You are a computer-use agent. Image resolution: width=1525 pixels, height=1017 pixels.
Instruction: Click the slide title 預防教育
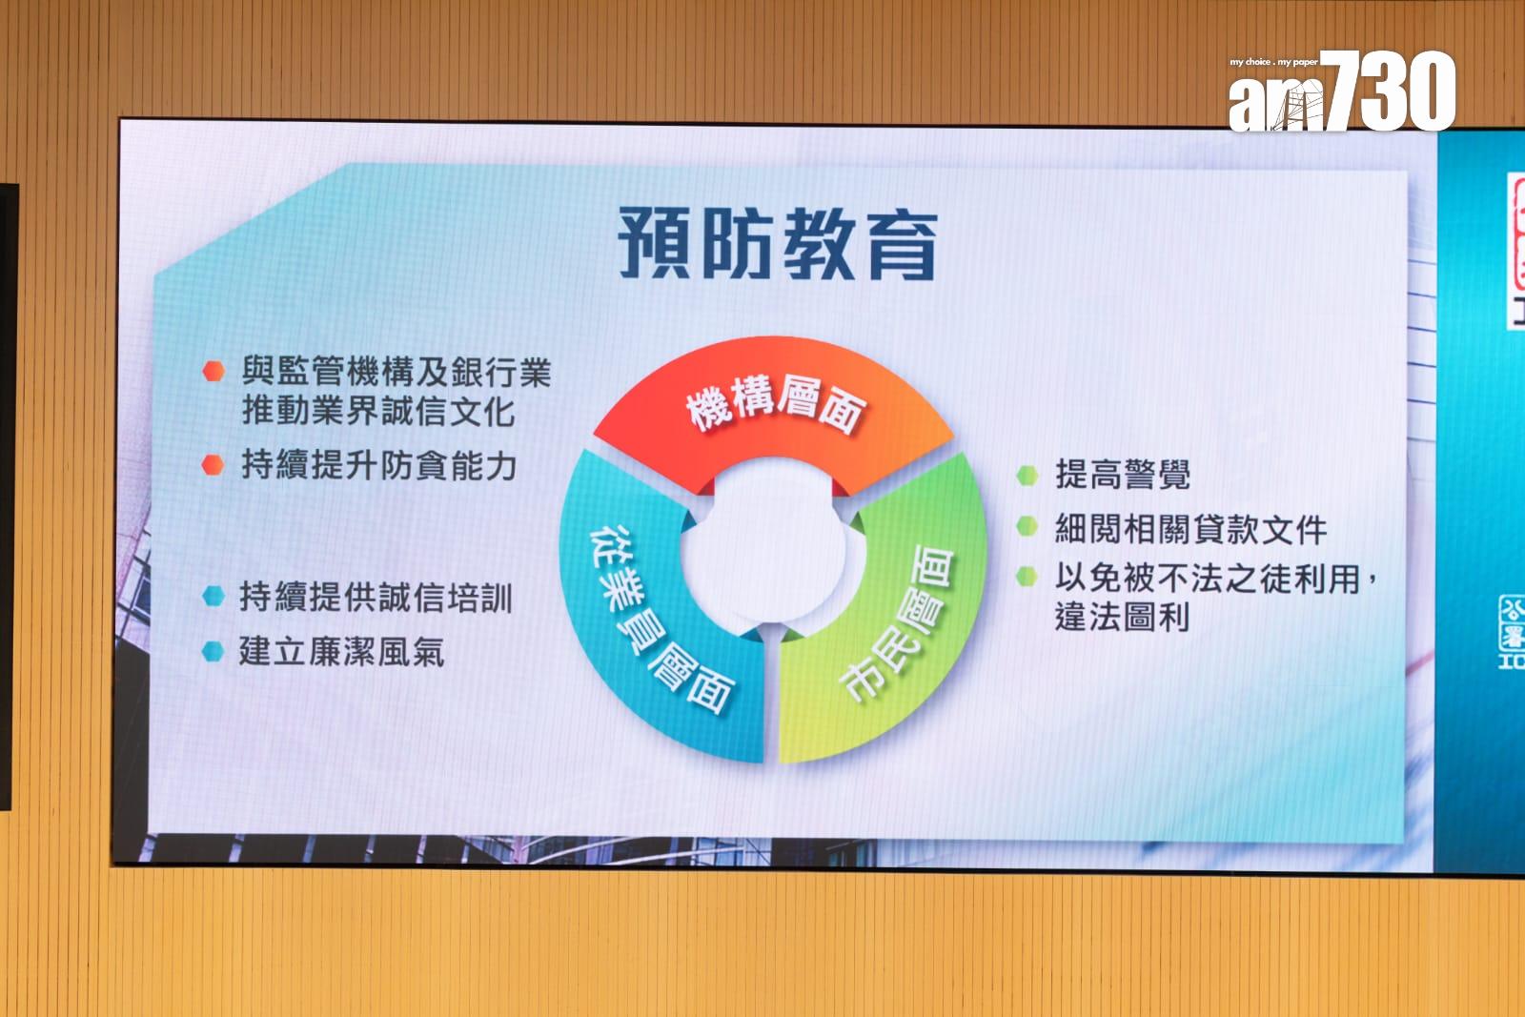[777, 244]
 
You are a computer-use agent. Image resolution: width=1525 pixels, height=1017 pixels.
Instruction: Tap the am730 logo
[1342, 91]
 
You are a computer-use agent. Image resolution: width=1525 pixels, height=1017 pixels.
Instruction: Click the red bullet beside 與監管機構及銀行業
[213, 371]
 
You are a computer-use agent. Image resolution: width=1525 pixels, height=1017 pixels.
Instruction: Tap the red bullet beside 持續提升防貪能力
[213, 465]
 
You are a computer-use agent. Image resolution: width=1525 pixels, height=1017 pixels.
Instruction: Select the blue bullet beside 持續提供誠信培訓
[213, 596]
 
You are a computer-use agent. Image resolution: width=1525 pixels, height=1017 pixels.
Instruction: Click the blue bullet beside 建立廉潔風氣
[213, 651]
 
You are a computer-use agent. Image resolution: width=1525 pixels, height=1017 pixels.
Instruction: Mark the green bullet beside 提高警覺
[1027, 476]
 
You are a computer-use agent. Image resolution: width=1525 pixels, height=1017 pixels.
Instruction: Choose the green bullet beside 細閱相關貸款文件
[1027, 526]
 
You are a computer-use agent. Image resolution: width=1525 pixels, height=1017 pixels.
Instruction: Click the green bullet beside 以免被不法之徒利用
[1027, 577]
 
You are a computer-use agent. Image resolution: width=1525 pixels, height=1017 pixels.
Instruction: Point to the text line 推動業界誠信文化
[378, 412]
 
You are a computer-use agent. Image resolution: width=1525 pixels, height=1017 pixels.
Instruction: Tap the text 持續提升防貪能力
[379, 466]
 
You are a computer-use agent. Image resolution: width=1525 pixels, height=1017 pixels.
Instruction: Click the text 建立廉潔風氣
[342, 651]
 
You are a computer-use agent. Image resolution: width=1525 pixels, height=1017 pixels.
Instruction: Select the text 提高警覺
[1123, 475]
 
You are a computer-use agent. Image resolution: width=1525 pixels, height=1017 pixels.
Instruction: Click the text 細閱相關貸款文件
[1191, 529]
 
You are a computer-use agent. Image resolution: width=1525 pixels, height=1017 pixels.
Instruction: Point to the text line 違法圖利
[1123, 617]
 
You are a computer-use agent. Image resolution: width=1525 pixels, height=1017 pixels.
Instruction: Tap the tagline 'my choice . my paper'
[1273, 62]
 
